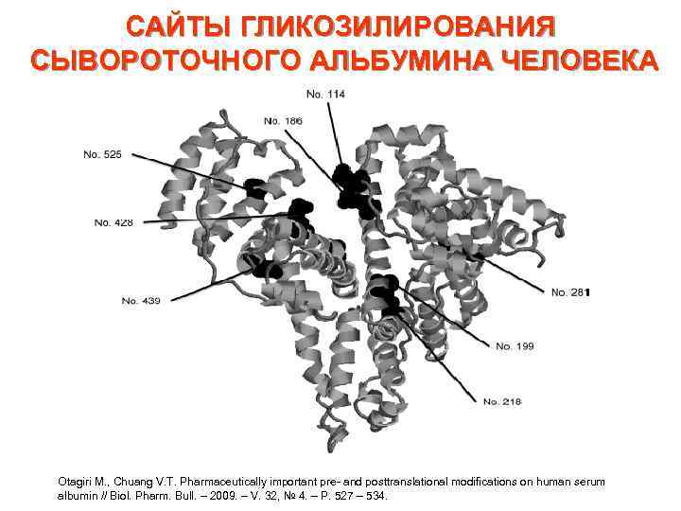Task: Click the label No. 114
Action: [325, 93]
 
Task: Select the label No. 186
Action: [284, 121]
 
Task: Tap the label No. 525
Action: [102, 154]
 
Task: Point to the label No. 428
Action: [113, 222]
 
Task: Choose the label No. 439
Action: [141, 300]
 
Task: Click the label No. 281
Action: [570, 292]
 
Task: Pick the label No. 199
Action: [515, 346]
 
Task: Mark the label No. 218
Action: [502, 401]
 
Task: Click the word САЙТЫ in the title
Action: [177, 26]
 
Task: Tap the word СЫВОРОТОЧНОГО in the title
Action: [159, 59]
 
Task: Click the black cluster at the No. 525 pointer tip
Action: [254, 188]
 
